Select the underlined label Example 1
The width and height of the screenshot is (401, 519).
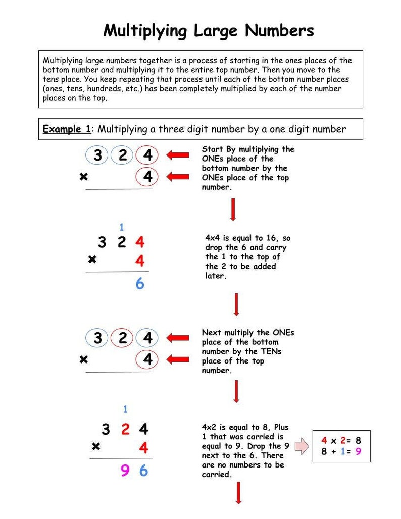[67, 129]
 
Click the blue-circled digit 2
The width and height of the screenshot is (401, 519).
[122, 155]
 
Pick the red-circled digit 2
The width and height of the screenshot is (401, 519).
[122, 338]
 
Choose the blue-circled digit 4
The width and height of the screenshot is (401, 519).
[147, 338]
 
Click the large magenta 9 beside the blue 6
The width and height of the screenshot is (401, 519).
[125, 471]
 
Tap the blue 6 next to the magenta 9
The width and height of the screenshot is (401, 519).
[143, 471]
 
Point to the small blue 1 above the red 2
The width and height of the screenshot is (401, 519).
[125, 409]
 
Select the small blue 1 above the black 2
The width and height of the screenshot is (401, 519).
[121, 227]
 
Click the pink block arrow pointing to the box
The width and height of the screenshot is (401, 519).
[302, 446]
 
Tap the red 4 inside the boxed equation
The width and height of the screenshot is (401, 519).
[324, 441]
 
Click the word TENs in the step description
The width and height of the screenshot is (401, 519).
[271, 351]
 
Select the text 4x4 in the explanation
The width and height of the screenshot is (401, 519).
[214, 238]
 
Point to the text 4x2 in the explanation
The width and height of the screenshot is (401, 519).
[211, 427]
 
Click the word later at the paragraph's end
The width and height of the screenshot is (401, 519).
[216, 276]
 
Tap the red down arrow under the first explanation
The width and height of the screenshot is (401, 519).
[233, 210]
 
